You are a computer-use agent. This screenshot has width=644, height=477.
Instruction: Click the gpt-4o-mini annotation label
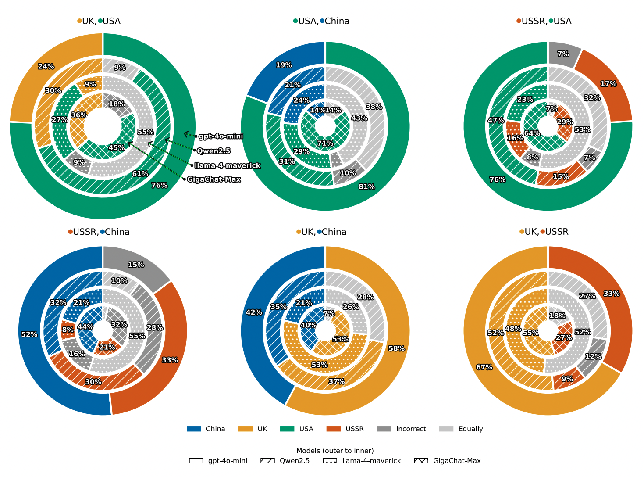221,136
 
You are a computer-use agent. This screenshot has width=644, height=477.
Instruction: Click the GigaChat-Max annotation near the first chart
214,179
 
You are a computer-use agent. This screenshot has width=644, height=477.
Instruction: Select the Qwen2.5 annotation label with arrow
213,151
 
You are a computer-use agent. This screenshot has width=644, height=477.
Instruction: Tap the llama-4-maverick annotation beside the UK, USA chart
228,165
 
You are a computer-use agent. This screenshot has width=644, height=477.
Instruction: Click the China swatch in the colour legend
194,429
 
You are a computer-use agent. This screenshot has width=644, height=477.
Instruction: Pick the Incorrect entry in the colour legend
384,429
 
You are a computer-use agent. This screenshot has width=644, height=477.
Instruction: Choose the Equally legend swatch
446,429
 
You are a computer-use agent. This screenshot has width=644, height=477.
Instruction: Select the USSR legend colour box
334,429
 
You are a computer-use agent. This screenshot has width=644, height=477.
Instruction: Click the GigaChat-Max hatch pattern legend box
421,461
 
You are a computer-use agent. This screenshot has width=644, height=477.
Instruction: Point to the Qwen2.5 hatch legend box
267,461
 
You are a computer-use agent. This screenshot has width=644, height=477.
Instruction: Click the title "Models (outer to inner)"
335,451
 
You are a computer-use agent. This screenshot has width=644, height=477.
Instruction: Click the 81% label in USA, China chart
366,187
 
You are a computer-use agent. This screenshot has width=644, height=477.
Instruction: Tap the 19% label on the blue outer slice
284,65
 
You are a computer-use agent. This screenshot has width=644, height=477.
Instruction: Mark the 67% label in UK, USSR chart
484,367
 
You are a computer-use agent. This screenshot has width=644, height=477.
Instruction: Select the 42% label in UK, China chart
254,312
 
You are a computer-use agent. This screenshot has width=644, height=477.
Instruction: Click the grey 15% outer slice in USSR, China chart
136,265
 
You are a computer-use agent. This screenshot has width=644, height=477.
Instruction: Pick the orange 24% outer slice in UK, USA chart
46,67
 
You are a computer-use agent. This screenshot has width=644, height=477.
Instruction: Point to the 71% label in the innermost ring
325,143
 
